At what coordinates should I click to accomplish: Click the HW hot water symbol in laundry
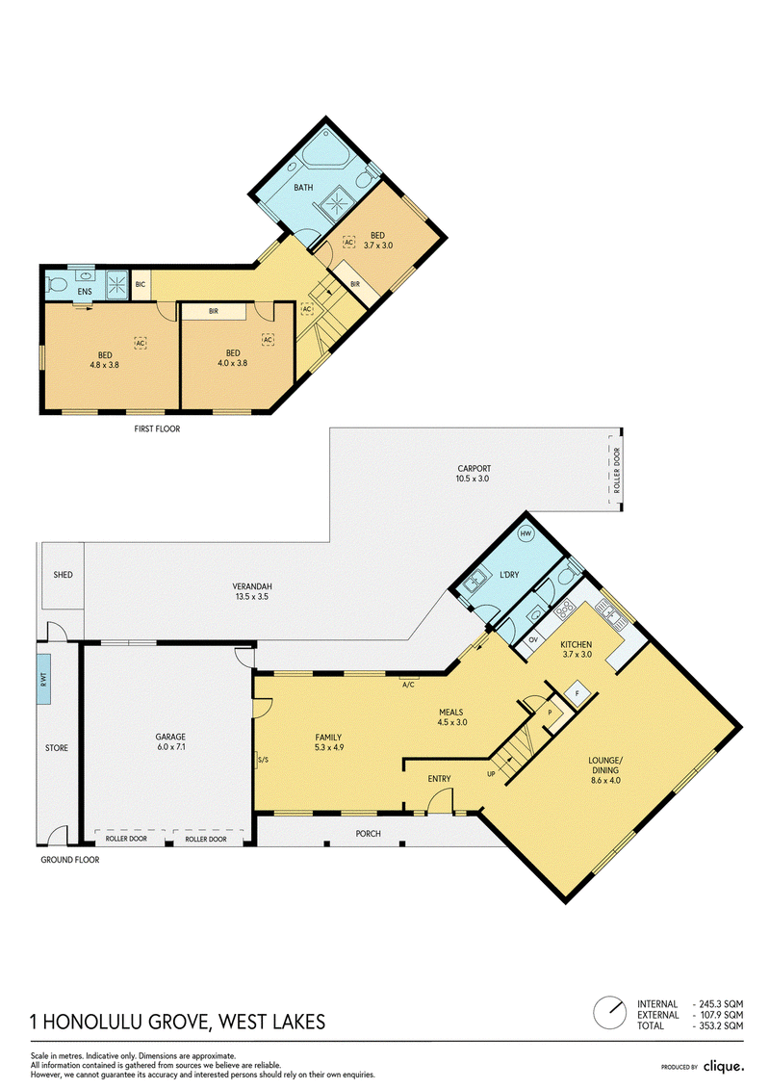tap(526, 533)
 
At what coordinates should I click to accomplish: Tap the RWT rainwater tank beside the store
tap(43, 678)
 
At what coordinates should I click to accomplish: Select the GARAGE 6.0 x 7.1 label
tap(170, 741)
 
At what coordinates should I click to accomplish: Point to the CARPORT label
tap(475, 468)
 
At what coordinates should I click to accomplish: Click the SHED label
tap(64, 575)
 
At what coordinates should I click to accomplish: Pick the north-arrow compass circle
tap(609, 1013)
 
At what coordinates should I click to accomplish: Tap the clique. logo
tap(724, 1065)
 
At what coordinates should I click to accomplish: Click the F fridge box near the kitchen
tap(577, 692)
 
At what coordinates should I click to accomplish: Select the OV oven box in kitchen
tap(533, 639)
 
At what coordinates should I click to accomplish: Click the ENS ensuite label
tap(84, 292)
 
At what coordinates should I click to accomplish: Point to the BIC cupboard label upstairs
tap(141, 285)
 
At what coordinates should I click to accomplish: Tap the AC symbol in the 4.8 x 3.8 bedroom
tap(141, 343)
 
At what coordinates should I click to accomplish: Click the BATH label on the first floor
tap(303, 188)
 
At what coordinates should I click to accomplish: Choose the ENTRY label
tap(440, 779)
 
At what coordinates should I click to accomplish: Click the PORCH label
tap(368, 834)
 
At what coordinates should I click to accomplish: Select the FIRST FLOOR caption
tap(157, 429)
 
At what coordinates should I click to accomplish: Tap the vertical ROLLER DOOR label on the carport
tap(617, 470)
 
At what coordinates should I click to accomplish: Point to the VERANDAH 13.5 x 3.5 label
tap(252, 591)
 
